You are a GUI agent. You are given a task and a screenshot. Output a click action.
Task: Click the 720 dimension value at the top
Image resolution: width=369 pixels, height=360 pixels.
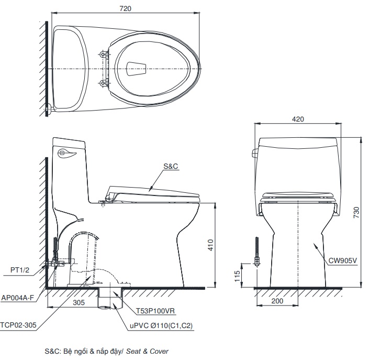125,8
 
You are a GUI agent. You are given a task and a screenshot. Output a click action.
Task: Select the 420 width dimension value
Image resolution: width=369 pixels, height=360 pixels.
298,119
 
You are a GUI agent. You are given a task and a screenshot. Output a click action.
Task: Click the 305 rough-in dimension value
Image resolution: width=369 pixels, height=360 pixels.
79,302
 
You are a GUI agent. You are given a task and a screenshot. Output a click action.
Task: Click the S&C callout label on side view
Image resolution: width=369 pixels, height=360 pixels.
171,166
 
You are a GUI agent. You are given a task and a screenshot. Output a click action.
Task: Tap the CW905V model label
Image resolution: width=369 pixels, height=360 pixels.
342,259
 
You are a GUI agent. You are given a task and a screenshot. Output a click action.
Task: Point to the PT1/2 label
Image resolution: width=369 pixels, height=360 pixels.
20,270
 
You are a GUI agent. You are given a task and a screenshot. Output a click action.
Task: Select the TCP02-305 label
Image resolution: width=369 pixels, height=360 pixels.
18,325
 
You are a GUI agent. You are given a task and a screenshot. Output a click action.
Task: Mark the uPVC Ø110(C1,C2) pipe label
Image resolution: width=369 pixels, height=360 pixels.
161,325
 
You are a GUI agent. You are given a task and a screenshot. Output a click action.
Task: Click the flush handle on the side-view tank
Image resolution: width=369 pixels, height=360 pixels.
66,152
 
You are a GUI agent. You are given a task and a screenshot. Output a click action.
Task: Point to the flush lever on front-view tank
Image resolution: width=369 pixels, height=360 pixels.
256,154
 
